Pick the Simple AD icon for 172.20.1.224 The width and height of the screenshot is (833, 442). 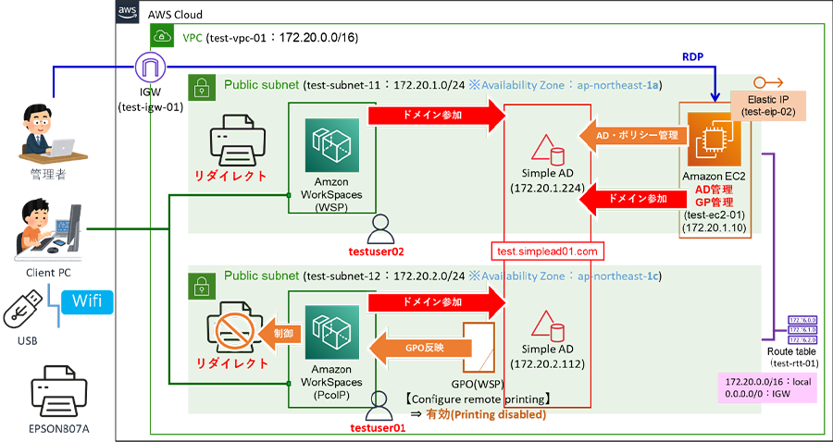click(544, 152)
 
